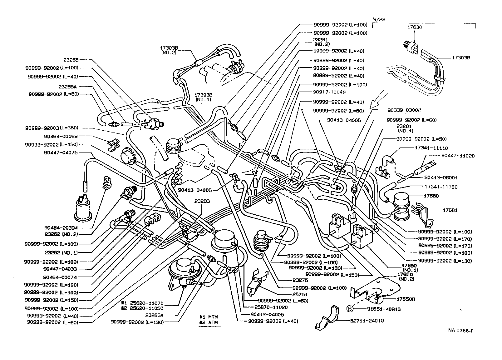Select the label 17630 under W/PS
click(x=415, y=27)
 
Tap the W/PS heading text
click(x=379, y=19)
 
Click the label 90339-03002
click(x=404, y=110)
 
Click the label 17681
click(x=450, y=210)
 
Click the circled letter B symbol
click(x=350, y=309)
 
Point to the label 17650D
click(x=406, y=299)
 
